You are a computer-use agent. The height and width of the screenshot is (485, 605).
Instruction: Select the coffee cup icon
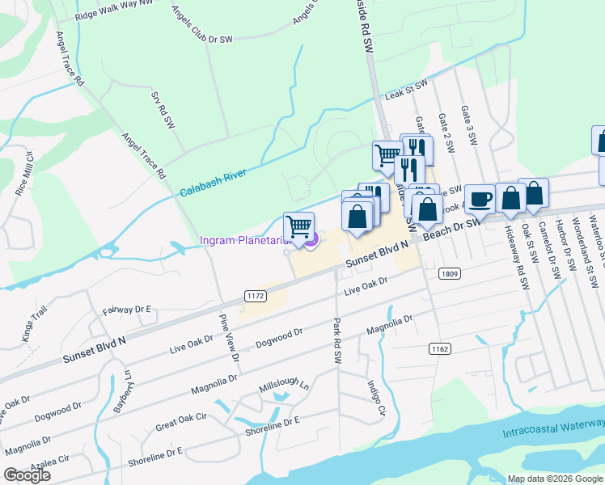[x=480, y=199]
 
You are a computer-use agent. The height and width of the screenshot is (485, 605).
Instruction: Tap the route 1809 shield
[x=451, y=274]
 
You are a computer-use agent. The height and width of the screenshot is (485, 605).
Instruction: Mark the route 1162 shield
[x=440, y=348]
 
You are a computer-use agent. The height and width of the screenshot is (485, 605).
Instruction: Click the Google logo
[x=27, y=475]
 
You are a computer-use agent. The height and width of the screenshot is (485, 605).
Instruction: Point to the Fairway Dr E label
[x=128, y=310]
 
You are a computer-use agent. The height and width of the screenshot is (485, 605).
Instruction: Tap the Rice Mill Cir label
[x=24, y=174]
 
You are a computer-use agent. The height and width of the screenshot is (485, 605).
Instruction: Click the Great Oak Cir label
[x=181, y=424]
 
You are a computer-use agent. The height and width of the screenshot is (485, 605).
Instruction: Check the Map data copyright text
[x=554, y=479]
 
